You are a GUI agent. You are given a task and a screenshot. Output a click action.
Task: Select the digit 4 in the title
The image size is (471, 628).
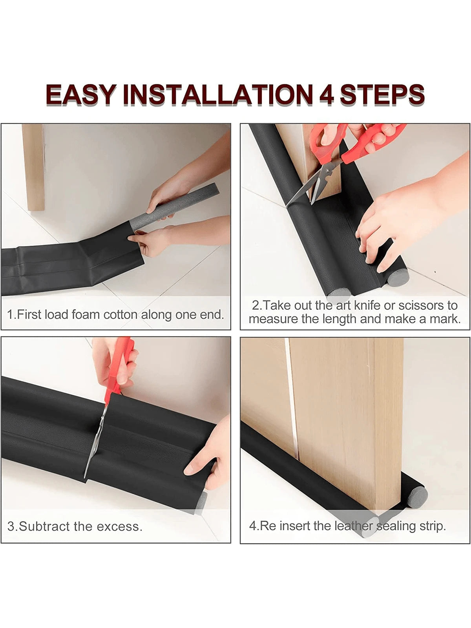pos(327,95)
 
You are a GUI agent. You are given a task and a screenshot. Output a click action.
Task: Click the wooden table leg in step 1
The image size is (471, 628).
pos(33,167)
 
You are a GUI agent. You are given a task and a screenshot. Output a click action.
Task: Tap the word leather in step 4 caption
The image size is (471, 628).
pos(354,526)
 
